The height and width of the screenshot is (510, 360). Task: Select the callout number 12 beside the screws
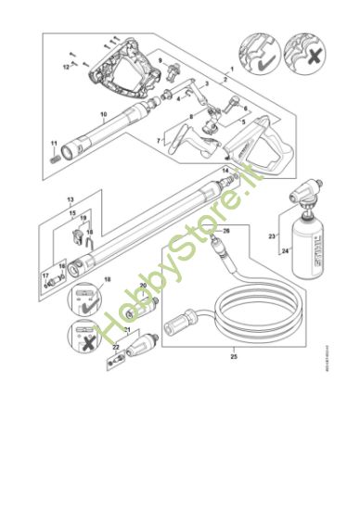point(67,67)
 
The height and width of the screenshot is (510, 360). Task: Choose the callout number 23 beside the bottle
point(272,237)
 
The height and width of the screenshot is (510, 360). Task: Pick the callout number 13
point(70,199)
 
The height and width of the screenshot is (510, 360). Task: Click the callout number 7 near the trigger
point(159,139)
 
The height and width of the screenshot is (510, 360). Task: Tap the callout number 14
point(225,170)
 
